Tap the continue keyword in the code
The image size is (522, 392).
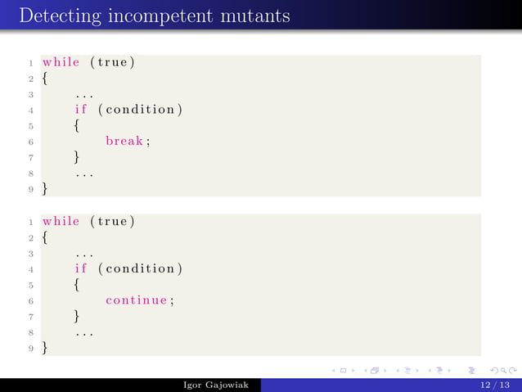coord(140,300)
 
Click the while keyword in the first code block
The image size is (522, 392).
coord(61,62)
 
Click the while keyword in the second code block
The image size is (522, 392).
coord(61,221)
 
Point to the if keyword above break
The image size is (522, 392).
coord(81,110)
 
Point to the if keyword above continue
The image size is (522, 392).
coord(81,268)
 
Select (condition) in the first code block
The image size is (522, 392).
coord(140,110)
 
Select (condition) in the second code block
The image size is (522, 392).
coord(140,268)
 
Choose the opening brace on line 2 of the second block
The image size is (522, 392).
coord(46,237)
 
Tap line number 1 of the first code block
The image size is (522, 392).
coord(30,63)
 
